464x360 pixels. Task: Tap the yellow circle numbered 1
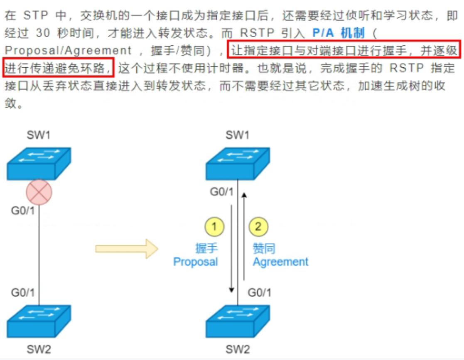click(214, 227)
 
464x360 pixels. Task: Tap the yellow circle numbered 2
click(258, 227)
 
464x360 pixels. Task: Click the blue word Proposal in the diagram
click(195, 262)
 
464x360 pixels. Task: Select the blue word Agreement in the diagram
click(280, 262)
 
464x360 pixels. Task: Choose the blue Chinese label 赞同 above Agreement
click(264, 249)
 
